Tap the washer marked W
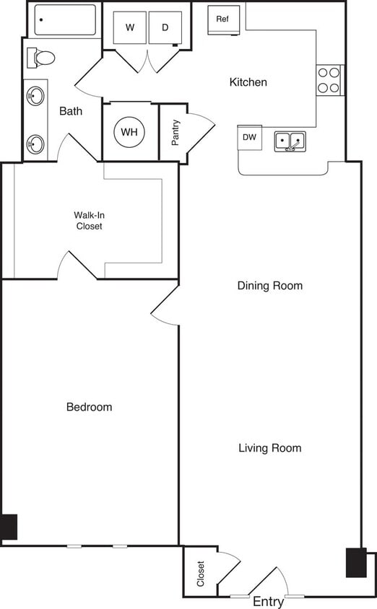[x=130, y=28]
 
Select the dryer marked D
[x=165, y=28]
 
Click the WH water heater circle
[x=129, y=132]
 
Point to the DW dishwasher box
[x=249, y=137]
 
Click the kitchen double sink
[x=290, y=141]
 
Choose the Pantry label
[x=175, y=133]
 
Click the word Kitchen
[x=248, y=82]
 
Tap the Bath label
[x=71, y=111]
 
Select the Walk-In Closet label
[x=88, y=220]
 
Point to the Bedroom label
[x=89, y=407]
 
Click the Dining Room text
[x=270, y=286]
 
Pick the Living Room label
[x=270, y=448]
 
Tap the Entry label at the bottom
[x=268, y=602]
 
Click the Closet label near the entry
[x=200, y=574]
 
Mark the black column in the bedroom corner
[x=9, y=527]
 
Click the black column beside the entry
[x=356, y=563]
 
